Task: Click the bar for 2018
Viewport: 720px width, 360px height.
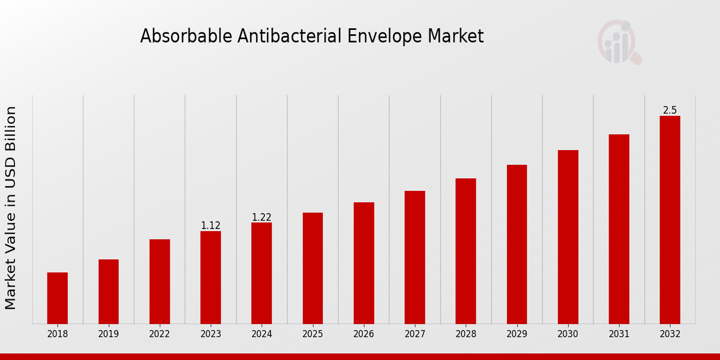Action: click(58, 298)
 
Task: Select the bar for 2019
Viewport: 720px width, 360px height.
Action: click(109, 292)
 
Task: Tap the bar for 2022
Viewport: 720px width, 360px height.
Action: click(160, 281)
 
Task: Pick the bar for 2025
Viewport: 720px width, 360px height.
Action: click(313, 268)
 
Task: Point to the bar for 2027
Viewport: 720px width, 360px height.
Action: click(415, 257)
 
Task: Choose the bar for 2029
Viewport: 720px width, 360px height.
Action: click(517, 244)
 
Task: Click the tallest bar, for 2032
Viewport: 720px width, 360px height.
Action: click(670, 220)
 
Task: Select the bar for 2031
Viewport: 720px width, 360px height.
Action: click(619, 229)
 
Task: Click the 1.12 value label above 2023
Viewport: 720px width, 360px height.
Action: click(211, 226)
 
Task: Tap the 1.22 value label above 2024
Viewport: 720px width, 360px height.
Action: click(262, 217)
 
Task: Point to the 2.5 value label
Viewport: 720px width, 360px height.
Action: click(670, 110)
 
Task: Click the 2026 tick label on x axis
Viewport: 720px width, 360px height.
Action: click(364, 334)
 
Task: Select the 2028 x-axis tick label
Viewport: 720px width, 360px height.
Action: click(466, 334)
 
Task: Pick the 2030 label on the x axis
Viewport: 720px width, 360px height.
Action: click(568, 334)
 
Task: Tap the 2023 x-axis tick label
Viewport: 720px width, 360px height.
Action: click(211, 334)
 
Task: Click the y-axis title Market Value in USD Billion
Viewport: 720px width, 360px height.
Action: click(11, 208)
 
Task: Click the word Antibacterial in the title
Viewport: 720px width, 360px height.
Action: click(290, 37)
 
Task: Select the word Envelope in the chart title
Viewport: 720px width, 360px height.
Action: click(386, 37)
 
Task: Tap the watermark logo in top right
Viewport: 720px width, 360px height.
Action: click(619, 42)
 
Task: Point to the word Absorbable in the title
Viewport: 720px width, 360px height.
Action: click(187, 37)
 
